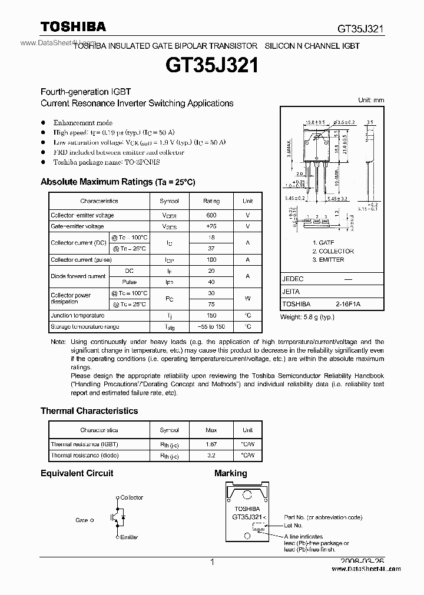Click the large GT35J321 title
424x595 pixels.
(x=212, y=65)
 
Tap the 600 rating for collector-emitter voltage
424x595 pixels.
(x=211, y=215)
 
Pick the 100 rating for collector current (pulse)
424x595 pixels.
(x=211, y=259)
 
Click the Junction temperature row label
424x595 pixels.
(x=77, y=315)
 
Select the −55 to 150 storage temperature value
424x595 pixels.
(x=211, y=326)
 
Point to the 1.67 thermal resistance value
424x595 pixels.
(x=211, y=444)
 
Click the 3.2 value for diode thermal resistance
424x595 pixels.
(x=211, y=456)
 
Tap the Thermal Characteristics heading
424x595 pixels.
(x=89, y=411)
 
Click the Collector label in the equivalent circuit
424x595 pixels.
(x=131, y=497)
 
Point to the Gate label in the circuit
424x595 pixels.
(x=82, y=520)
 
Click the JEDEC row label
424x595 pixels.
(x=293, y=279)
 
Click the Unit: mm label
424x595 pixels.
(x=371, y=101)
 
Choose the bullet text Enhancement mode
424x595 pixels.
(x=82, y=123)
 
